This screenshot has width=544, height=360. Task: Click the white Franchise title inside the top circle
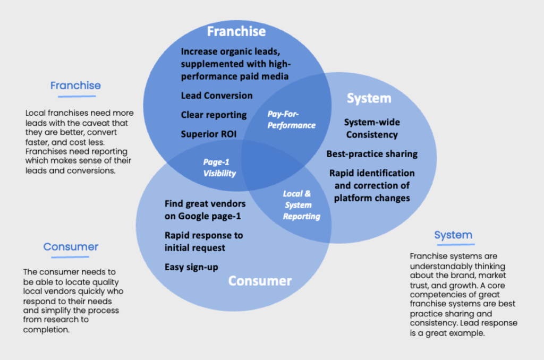(x=236, y=31)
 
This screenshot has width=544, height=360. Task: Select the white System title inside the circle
(x=369, y=98)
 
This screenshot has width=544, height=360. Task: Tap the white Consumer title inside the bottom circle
(x=260, y=281)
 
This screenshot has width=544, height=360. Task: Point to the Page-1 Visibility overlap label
(x=219, y=168)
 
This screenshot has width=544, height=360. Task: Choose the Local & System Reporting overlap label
(x=301, y=205)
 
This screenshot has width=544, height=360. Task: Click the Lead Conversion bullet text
(x=216, y=96)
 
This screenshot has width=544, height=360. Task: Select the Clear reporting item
(x=214, y=115)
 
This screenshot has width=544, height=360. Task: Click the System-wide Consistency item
(x=371, y=128)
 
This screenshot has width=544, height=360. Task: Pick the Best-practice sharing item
(x=372, y=154)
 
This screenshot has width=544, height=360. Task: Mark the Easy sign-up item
(x=191, y=267)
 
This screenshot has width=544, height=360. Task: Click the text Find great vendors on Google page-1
(x=205, y=209)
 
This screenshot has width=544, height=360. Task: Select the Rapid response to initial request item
(x=203, y=241)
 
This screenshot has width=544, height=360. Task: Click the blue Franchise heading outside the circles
(x=75, y=85)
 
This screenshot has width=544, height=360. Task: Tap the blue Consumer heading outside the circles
(x=71, y=247)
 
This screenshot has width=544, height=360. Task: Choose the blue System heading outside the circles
(x=453, y=235)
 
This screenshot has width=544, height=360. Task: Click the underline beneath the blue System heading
(x=454, y=245)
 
